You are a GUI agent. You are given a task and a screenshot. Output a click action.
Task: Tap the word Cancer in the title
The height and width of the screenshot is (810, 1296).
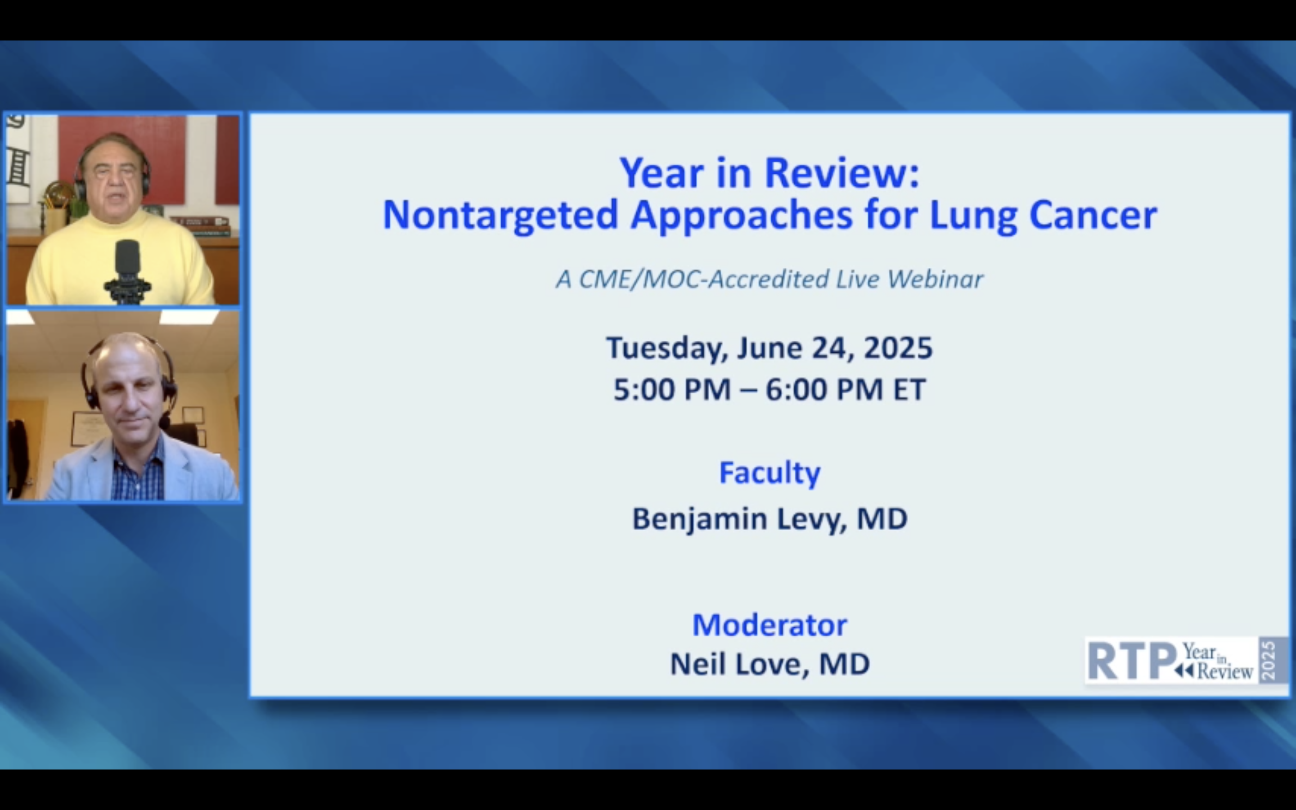[x=1093, y=215]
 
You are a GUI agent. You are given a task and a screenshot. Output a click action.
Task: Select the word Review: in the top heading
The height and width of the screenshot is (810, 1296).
[x=842, y=173]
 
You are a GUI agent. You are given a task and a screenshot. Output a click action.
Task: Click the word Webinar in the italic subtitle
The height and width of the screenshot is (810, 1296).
[x=935, y=279]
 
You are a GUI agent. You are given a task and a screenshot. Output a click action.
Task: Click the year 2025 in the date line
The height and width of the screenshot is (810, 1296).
[x=898, y=348]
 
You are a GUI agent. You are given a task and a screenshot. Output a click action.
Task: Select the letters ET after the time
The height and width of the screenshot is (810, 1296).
[x=909, y=389]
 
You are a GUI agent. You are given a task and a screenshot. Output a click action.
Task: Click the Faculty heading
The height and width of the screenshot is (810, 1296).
[x=769, y=473]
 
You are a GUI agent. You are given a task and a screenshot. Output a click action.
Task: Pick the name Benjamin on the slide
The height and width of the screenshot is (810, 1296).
[x=699, y=520]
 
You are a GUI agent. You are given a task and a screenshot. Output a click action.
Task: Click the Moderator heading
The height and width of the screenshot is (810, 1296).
[x=769, y=625]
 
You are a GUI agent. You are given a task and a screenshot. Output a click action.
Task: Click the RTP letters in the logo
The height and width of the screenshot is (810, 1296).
[x=1132, y=661]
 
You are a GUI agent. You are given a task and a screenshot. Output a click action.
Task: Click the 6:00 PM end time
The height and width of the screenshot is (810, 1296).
[x=824, y=389]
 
